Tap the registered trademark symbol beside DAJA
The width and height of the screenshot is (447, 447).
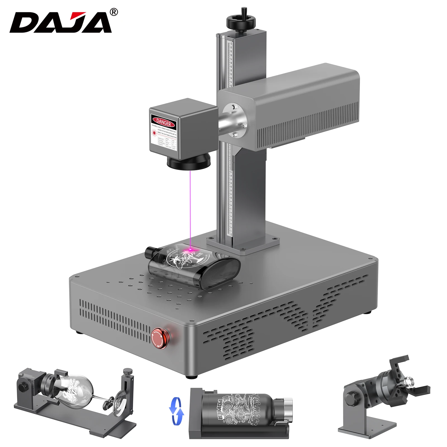114,12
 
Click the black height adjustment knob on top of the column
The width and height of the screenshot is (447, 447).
241,21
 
